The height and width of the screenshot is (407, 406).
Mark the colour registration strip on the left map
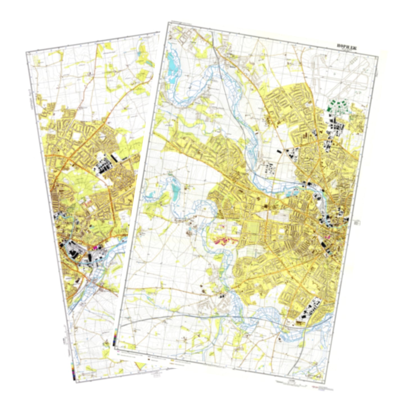coord(73,371)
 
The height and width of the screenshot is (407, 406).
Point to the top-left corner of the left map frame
coord(26,52)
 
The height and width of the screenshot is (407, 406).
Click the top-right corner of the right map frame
coord(378,56)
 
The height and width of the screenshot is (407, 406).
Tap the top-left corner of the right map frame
coord(167,22)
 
